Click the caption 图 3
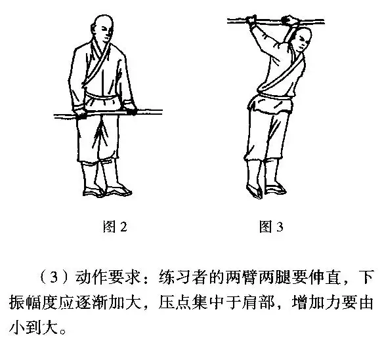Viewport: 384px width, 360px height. tap(271, 228)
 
